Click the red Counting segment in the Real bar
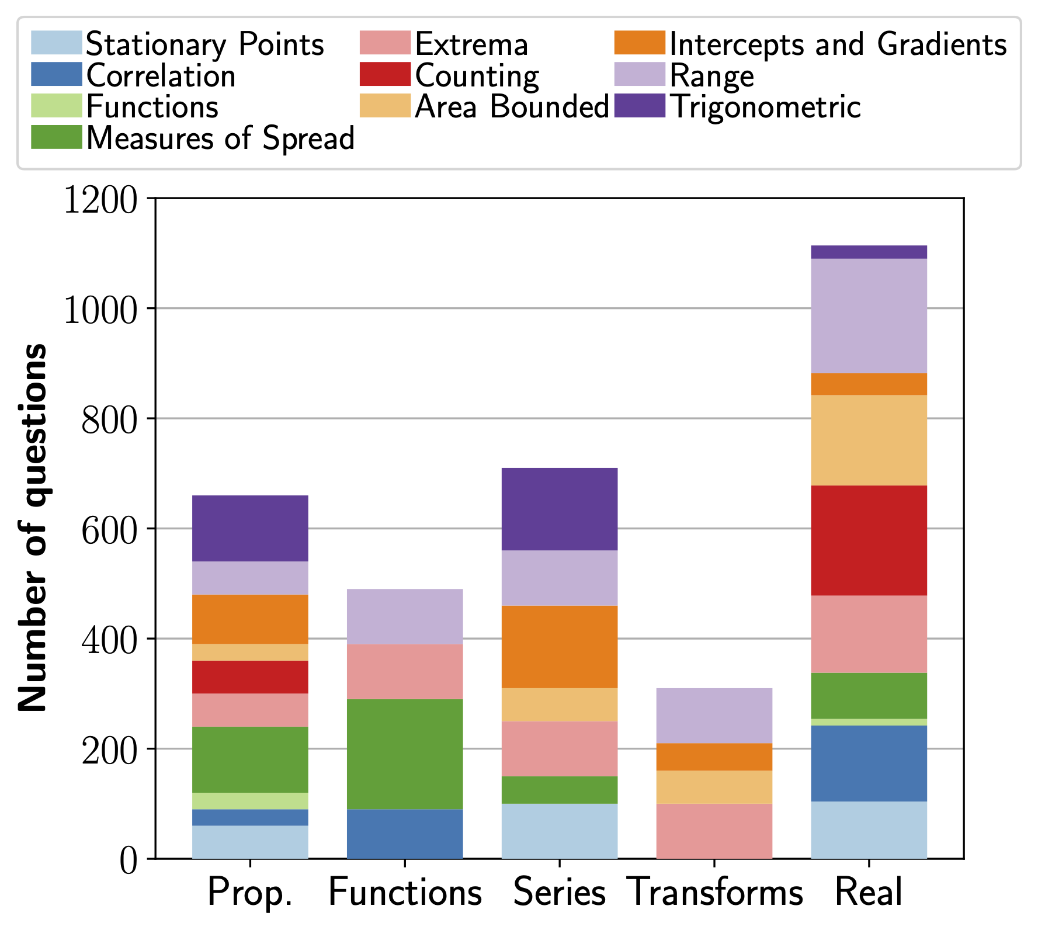tap(869, 540)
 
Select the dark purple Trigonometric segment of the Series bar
tap(560, 509)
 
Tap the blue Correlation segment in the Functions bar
tap(405, 834)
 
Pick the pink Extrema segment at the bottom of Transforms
tap(714, 831)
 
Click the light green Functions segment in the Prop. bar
tap(250, 801)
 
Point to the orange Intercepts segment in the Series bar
tap(560, 647)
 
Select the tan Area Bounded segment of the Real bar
tap(869, 440)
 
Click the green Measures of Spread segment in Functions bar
tap(405, 754)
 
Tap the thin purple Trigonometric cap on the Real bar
tap(869, 252)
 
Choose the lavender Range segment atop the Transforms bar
tap(714, 716)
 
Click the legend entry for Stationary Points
tap(204, 44)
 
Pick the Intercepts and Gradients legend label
tap(838, 44)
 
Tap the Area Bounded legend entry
tap(511, 107)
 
